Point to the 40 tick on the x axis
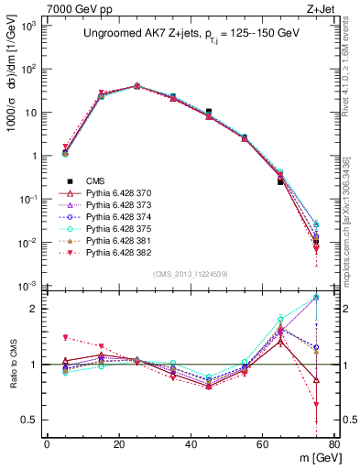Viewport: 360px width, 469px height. [191, 445]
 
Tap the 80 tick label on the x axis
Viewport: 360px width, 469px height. [334, 445]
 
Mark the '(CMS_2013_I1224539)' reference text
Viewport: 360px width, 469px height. [190, 274]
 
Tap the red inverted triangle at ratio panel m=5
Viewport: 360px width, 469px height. [65, 338]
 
